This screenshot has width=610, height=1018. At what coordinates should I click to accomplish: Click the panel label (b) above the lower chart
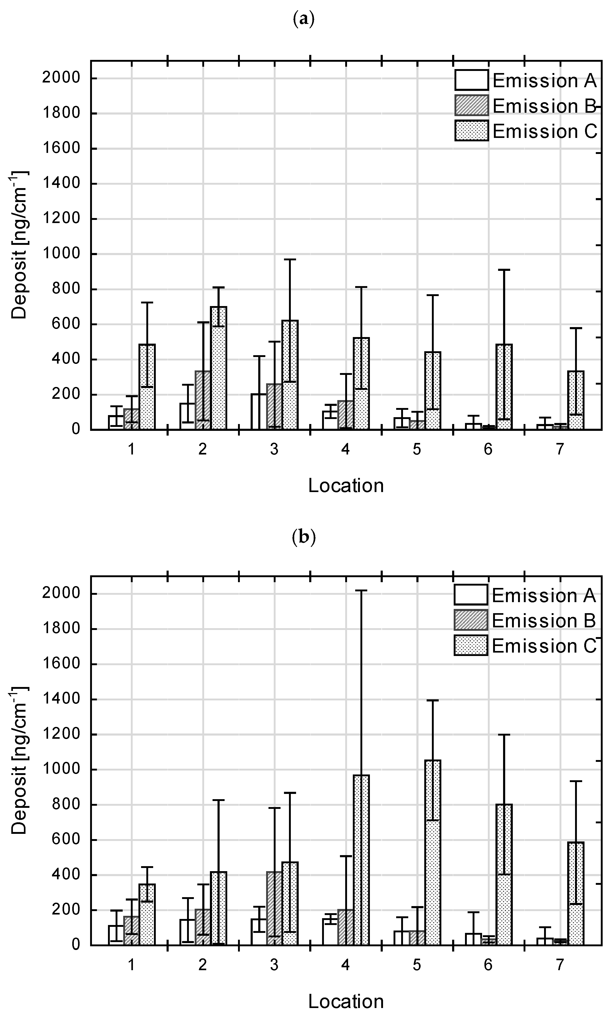[x=304, y=537]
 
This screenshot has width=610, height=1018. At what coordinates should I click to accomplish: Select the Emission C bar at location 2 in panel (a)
[x=219, y=368]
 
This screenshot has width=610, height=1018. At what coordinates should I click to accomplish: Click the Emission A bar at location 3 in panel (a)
[x=259, y=412]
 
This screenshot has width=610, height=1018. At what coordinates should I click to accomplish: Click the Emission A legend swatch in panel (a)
[x=472, y=80]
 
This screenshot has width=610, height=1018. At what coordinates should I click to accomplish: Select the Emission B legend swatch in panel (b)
[x=471, y=620]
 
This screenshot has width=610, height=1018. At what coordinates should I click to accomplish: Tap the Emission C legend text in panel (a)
[x=545, y=132]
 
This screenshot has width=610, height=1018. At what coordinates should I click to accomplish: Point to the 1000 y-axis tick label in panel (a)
[x=61, y=254]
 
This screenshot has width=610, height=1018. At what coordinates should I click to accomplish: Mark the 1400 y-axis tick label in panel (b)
[x=61, y=700]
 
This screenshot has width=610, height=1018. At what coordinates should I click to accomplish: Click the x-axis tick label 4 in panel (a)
[x=345, y=449]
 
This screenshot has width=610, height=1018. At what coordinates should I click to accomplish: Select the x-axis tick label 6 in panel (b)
[x=488, y=965]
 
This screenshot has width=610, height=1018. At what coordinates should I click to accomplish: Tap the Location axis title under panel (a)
[x=346, y=486]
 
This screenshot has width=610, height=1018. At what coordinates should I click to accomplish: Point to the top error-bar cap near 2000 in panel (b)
[x=361, y=591]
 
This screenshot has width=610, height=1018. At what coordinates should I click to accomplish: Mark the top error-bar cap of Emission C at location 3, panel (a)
[x=290, y=259]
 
